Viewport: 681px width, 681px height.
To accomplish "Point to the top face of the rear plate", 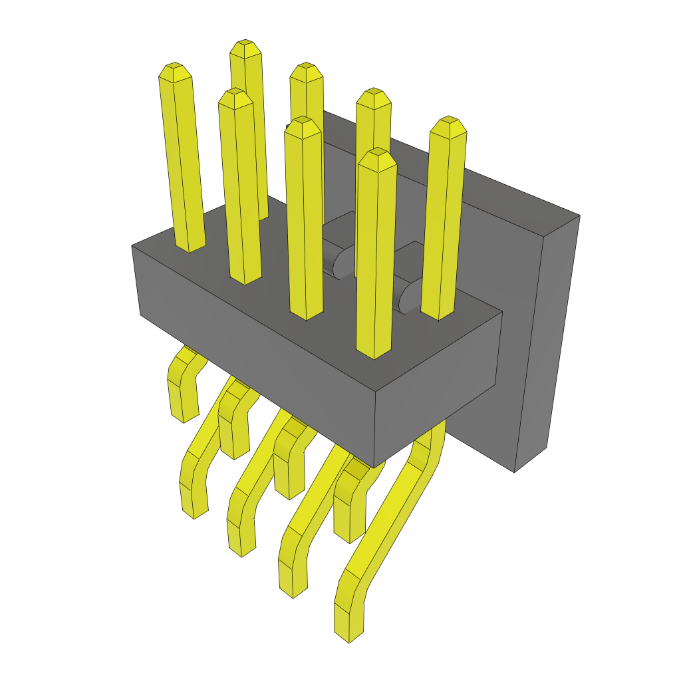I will point(452,166).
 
